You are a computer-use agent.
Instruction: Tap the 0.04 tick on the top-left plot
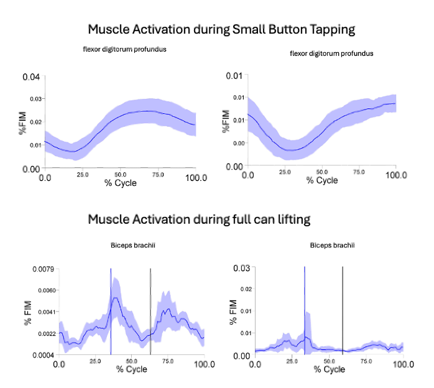tap(31, 77)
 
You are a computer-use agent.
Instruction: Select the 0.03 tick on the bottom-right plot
tap(241, 268)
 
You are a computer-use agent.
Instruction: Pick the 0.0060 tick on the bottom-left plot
tap(45, 290)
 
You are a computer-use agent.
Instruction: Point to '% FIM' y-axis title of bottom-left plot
tap(28, 312)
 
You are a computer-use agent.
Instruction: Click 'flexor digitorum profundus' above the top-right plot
tap(331, 54)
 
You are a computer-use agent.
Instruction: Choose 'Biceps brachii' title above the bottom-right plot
tap(328, 246)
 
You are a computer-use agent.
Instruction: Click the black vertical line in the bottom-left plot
tap(150, 311)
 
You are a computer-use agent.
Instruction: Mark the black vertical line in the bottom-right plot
tap(343, 311)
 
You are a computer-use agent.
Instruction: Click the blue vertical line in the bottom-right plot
tap(305, 298)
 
